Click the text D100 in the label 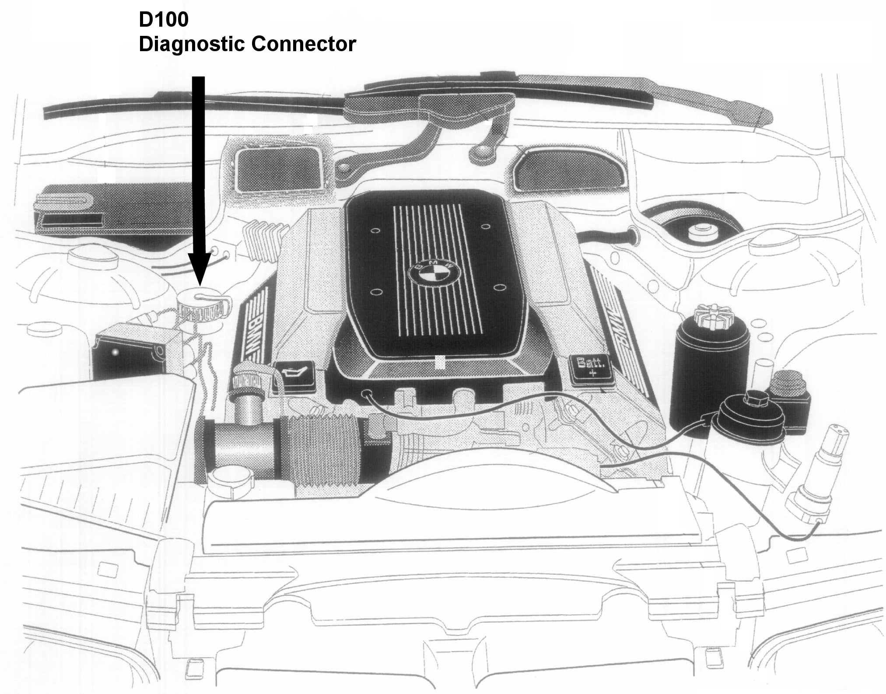164,21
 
